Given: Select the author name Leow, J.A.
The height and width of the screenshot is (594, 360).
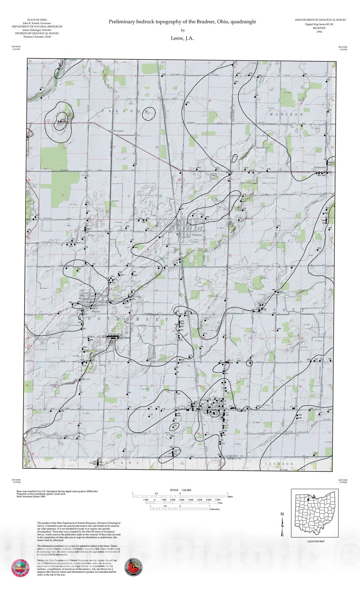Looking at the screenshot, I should (x=182, y=38).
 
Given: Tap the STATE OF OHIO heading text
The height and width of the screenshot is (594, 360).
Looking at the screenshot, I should (x=37, y=20).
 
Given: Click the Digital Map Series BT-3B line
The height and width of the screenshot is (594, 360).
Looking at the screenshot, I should (x=320, y=24).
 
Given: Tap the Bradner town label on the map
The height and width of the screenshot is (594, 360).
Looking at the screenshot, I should (x=197, y=235).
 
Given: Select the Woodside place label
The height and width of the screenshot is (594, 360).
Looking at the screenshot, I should (x=118, y=131).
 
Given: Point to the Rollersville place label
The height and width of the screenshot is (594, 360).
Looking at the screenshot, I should (x=320, y=167).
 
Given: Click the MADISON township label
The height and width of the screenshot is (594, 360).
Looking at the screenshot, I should (x=286, y=115).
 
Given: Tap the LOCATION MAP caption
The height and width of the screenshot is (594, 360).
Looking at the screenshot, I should (x=315, y=541).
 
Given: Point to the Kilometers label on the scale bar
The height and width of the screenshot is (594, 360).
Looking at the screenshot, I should (x=215, y=509).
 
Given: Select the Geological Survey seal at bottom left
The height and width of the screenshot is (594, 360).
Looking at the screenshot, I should (x=21, y=567).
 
